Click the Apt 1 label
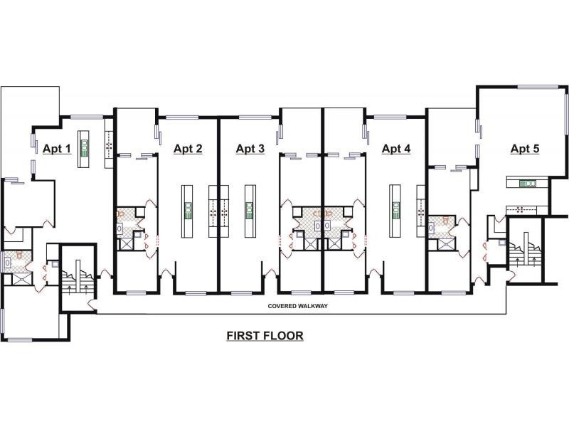(x=57, y=149)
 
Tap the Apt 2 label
(x=188, y=149)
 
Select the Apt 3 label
(x=250, y=149)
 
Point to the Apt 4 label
(x=396, y=149)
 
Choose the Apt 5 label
(x=525, y=149)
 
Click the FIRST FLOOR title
(x=265, y=335)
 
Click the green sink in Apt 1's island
(x=83, y=147)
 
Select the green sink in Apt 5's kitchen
(x=528, y=184)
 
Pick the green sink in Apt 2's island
(x=188, y=210)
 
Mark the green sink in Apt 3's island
(x=250, y=210)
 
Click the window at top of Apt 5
(x=537, y=87)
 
